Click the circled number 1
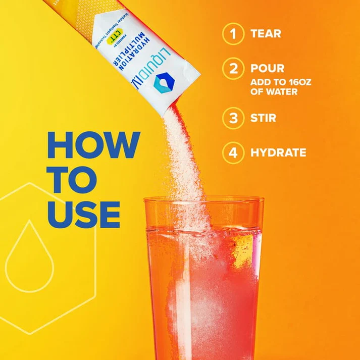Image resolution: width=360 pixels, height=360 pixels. (233, 34)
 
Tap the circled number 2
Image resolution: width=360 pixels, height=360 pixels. (233, 68)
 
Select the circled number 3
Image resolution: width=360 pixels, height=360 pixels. (233, 118)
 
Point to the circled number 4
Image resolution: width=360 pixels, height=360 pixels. (233, 152)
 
